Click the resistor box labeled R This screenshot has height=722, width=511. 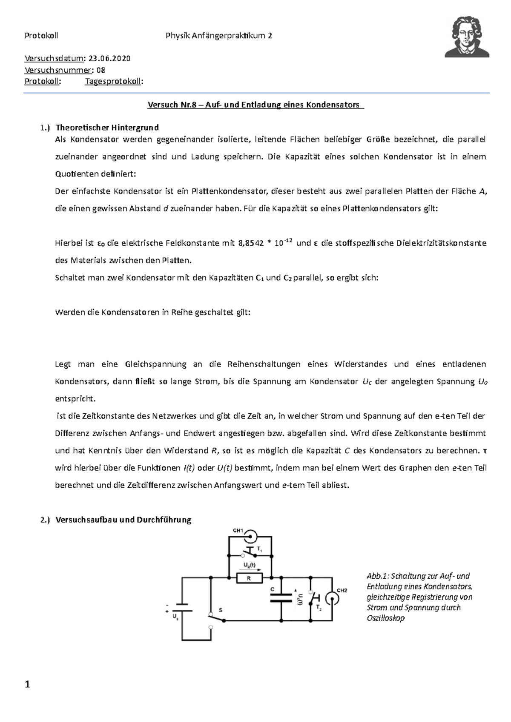pos(249,578)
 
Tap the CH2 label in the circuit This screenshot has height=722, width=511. pos(342,590)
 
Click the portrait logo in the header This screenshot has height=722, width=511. pos(467,37)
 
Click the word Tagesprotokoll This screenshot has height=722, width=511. pos(113,82)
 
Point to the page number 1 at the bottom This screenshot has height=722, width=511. pos(28,685)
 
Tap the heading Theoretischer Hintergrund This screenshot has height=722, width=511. pos(107,128)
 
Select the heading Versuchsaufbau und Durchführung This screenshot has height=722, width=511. pos(123,520)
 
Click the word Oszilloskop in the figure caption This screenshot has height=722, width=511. pos(385,618)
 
